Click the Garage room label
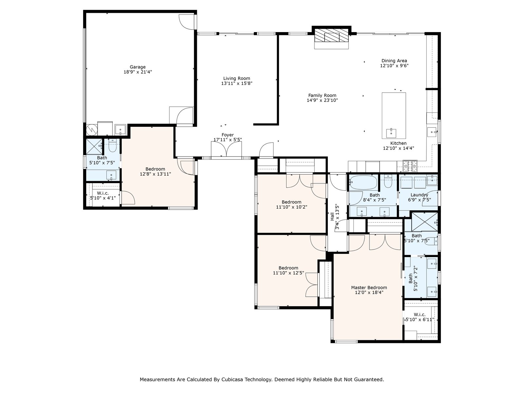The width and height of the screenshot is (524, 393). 138,67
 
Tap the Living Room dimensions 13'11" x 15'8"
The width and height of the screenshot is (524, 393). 236,83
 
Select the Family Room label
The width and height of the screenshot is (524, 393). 322,95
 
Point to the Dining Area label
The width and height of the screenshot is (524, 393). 394,61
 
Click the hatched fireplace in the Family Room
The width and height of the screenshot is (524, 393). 331,36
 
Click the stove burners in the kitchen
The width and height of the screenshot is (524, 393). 410,166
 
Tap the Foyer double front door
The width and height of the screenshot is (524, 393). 226,150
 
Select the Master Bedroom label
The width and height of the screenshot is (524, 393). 369,288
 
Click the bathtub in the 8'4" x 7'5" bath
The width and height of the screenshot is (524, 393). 363,183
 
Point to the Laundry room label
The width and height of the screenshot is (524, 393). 419,195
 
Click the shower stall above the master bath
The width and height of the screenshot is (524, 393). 425,222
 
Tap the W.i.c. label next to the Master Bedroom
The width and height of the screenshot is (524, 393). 420,314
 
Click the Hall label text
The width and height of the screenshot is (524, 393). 332,217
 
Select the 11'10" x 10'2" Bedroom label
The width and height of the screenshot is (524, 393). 291,202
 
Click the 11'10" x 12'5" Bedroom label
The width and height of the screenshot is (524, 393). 289,268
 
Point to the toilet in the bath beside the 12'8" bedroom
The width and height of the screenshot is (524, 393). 112,145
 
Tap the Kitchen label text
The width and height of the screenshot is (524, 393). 398,143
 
